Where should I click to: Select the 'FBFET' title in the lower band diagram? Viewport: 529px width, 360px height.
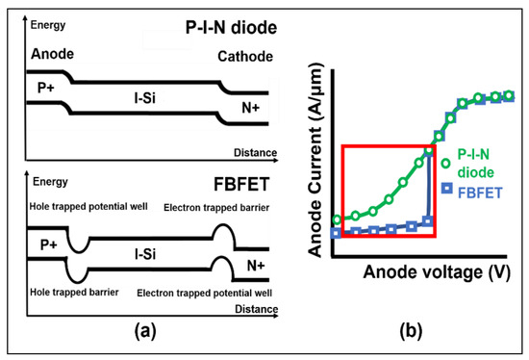[x=241, y=179]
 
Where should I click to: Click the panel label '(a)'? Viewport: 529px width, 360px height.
[x=143, y=330]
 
